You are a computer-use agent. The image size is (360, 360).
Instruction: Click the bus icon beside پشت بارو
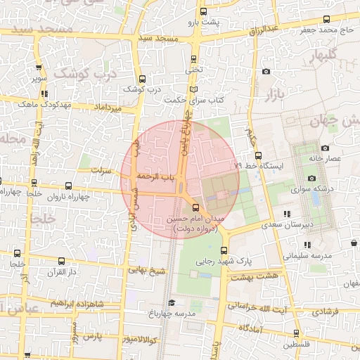pos(203,12)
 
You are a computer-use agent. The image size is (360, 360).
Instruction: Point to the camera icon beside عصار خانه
pos(325,148)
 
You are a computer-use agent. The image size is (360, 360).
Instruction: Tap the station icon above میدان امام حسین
pos(195,207)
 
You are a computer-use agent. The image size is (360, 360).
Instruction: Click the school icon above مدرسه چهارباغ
pos(171,302)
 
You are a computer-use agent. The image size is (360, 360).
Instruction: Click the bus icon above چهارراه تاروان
pos(68,186)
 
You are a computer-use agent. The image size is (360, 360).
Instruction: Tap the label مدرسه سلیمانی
pos(306,255)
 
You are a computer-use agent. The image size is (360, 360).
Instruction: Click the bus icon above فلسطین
pos(295,333)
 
